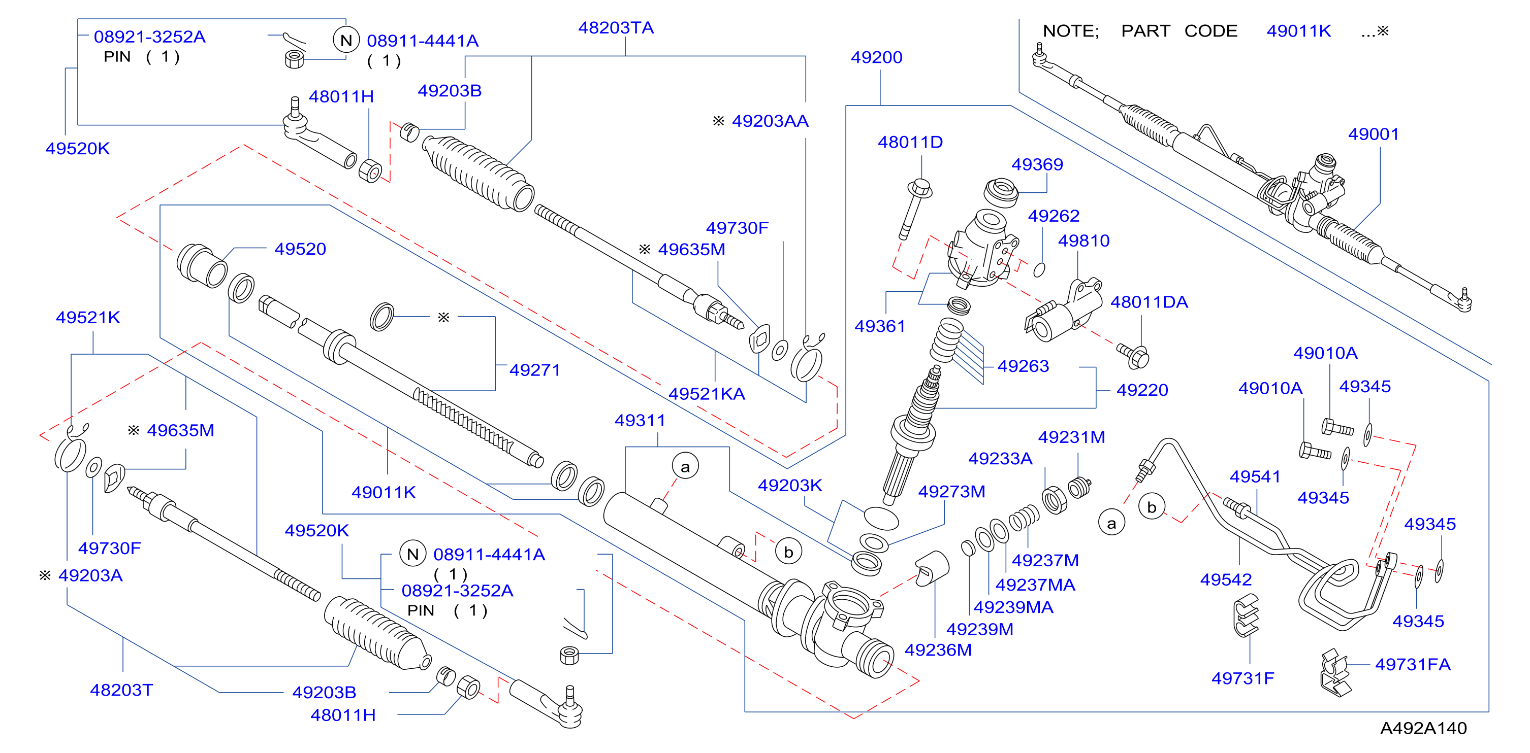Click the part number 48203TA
pos(616,28)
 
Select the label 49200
pos(876,57)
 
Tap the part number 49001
pos(1373,134)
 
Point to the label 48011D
pos(910,143)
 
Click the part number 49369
pos(1037,164)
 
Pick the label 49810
pos(1083,241)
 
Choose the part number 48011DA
pos(1149,302)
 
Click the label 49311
pos(640,421)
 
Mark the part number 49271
pos(534,370)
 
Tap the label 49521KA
pos(706,394)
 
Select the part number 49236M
pos(938,651)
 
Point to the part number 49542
pos(1226,580)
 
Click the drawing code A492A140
pos(1423,728)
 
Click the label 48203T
pos(121,690)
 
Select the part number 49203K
pos(789,486)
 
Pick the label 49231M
pos(1071,437)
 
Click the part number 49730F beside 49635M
pos(737,228)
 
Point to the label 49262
pos(1053,216)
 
